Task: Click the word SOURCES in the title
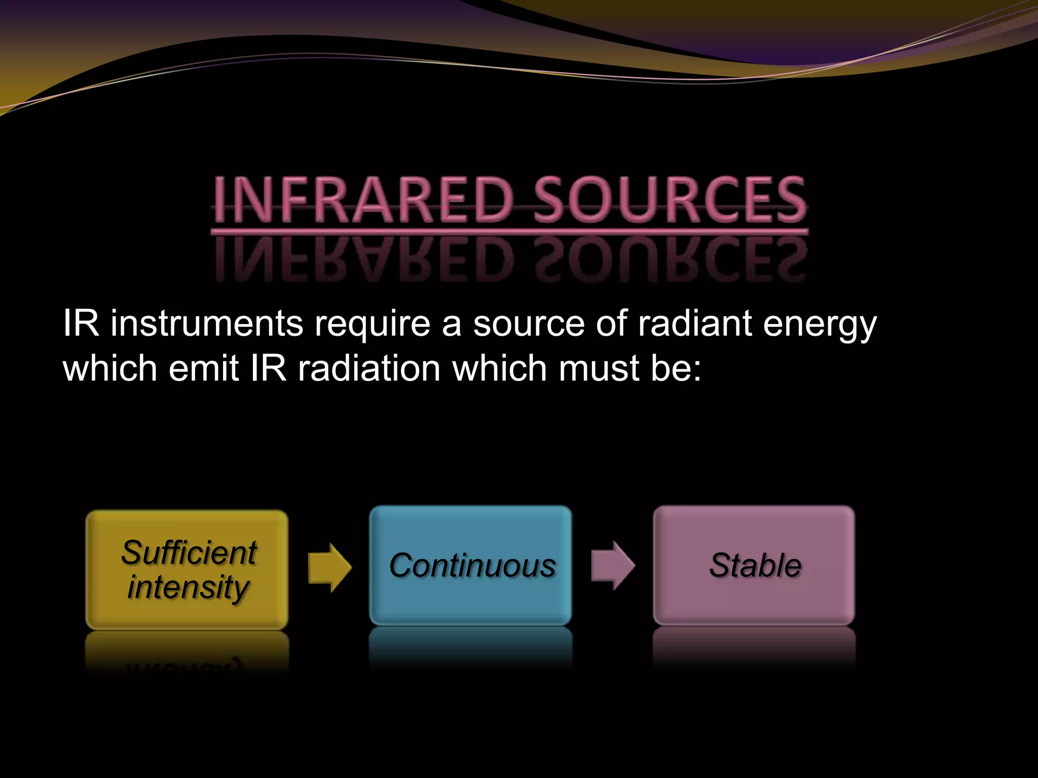tap(670, 200)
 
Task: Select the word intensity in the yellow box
tap(188, 588)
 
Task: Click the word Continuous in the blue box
tap(472, 565)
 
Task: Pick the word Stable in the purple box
tap(755, 565)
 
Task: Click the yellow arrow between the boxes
tap(329, 567)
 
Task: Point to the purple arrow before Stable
tap(613, 565)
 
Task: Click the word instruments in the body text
tap(207, 323)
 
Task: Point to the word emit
tap(203, 368)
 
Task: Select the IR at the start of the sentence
tap(81, 323)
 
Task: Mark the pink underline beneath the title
tap(509, 232)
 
